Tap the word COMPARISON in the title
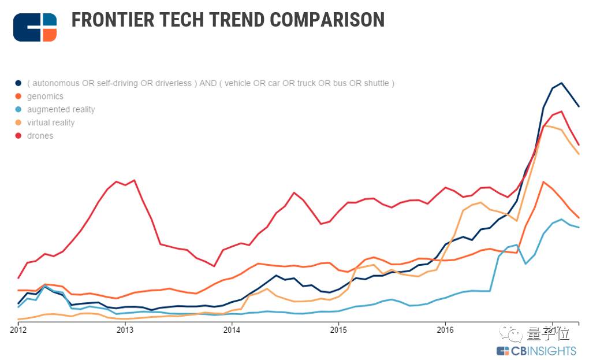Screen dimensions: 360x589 coord(327,20)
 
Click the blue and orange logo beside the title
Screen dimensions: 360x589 coord(35,27)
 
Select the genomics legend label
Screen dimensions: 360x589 coord(45,97)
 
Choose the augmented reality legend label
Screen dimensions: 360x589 coord(61,110)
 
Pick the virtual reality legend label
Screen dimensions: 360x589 coord(51,123)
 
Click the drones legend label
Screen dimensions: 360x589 coord(40,136)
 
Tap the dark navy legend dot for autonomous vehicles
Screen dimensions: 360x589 coord(18,83)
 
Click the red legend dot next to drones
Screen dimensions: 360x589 coord(18,136)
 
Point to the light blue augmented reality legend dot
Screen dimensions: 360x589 coord(18,110)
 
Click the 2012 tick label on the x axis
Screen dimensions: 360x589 coord(18,330)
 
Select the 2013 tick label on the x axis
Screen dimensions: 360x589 coord(125,330)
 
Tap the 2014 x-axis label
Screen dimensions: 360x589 coord(232,330)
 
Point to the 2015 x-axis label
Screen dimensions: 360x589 coord(338,330)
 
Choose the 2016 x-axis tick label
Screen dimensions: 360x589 coord(445,330)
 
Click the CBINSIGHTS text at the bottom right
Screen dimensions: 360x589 coord(543,351)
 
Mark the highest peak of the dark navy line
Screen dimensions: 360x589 coord(561,83)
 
